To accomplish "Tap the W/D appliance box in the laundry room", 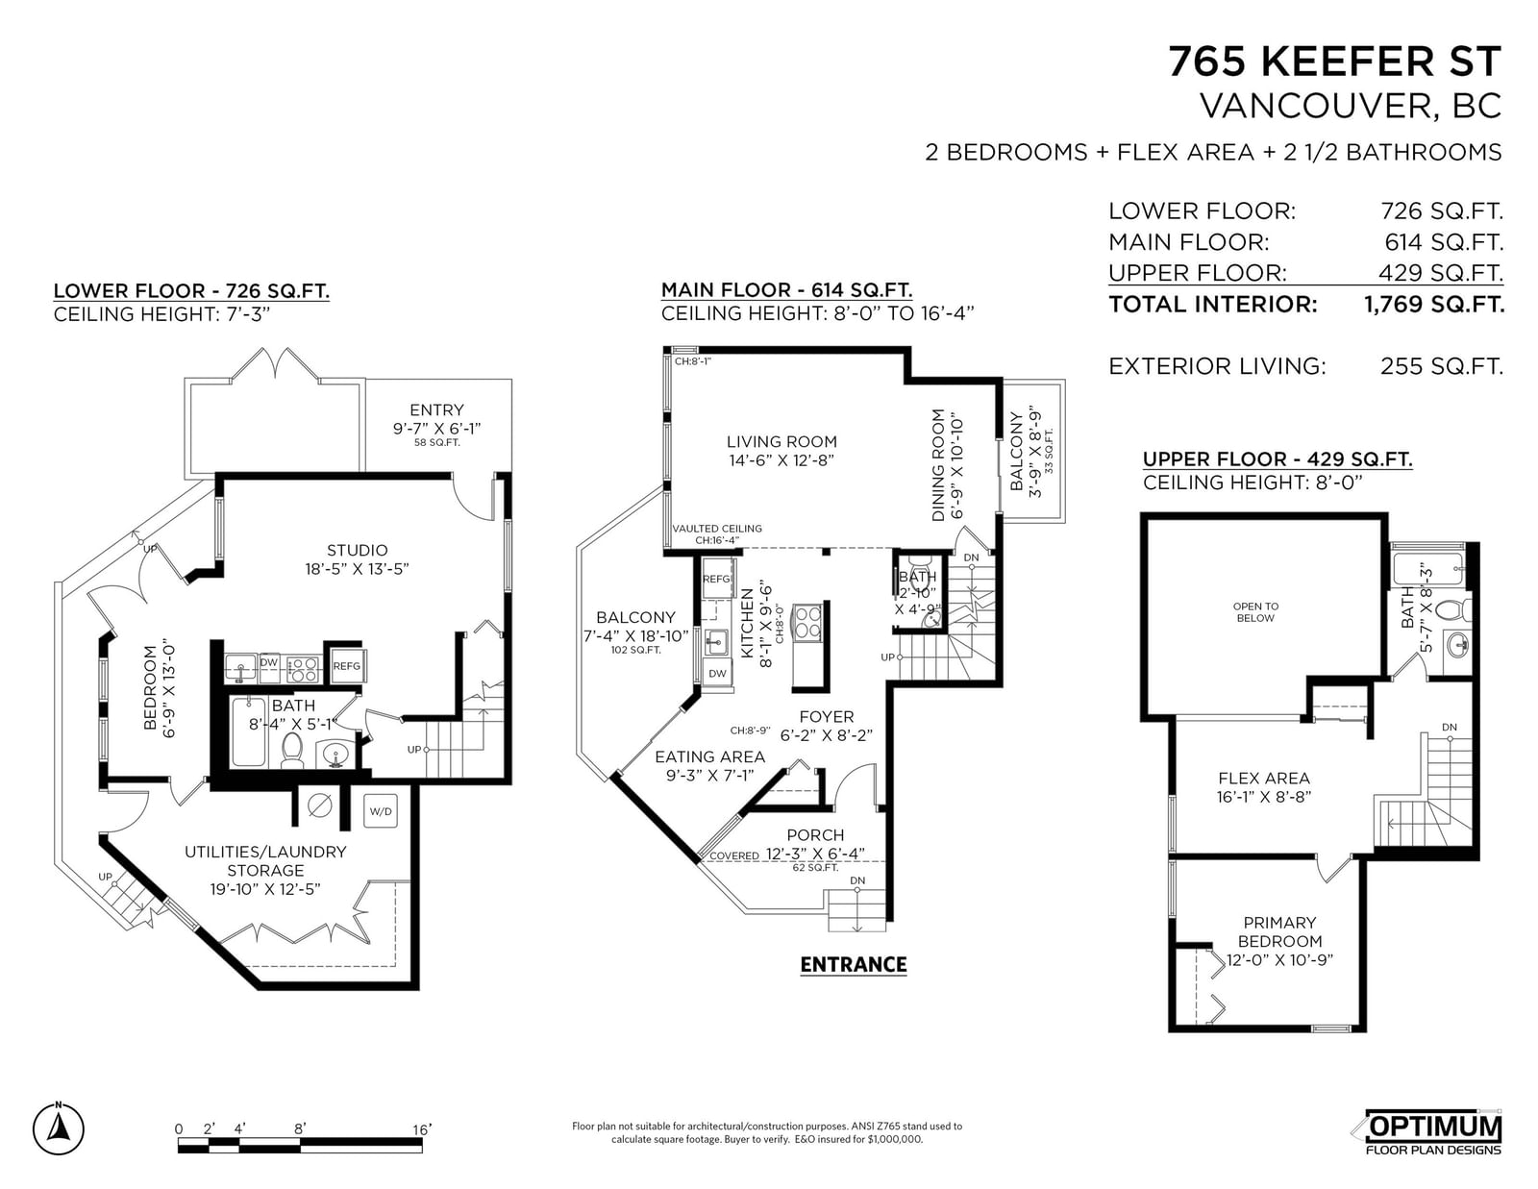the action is (381, 811).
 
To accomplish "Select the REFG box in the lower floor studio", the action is (347, 665).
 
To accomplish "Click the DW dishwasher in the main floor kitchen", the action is (718, 673).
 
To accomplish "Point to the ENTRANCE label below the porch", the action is (854, 965).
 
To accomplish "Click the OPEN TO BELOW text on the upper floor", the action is (1255, 612).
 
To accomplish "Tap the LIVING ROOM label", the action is (782, 441).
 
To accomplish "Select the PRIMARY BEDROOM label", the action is (1279, 932).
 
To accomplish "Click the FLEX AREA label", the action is (1264, 778).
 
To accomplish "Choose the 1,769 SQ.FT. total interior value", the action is (1434, 305).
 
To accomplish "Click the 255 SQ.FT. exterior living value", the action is (1442, 366).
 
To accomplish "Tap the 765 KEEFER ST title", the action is (1334, 61).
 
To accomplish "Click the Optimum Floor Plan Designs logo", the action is (1432, 1132).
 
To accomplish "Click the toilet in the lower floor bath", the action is (291, 750).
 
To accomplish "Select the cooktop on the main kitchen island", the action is (806, 623).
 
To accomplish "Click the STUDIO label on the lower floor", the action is (358, 550).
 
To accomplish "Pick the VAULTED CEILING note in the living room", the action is (717, 529).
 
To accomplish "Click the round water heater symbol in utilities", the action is (320, 805).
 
